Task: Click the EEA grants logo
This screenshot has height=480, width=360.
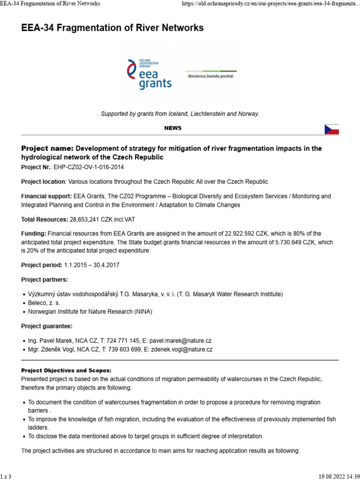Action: [149, 74]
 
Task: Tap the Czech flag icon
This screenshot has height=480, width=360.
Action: [331, 129]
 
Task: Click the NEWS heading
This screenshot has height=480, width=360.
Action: [173, 128]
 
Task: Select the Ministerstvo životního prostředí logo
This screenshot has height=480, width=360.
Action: [211, 73]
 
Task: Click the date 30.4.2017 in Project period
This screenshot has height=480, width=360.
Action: [105, 265]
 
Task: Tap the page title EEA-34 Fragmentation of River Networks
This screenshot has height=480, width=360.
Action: [112, 28]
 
